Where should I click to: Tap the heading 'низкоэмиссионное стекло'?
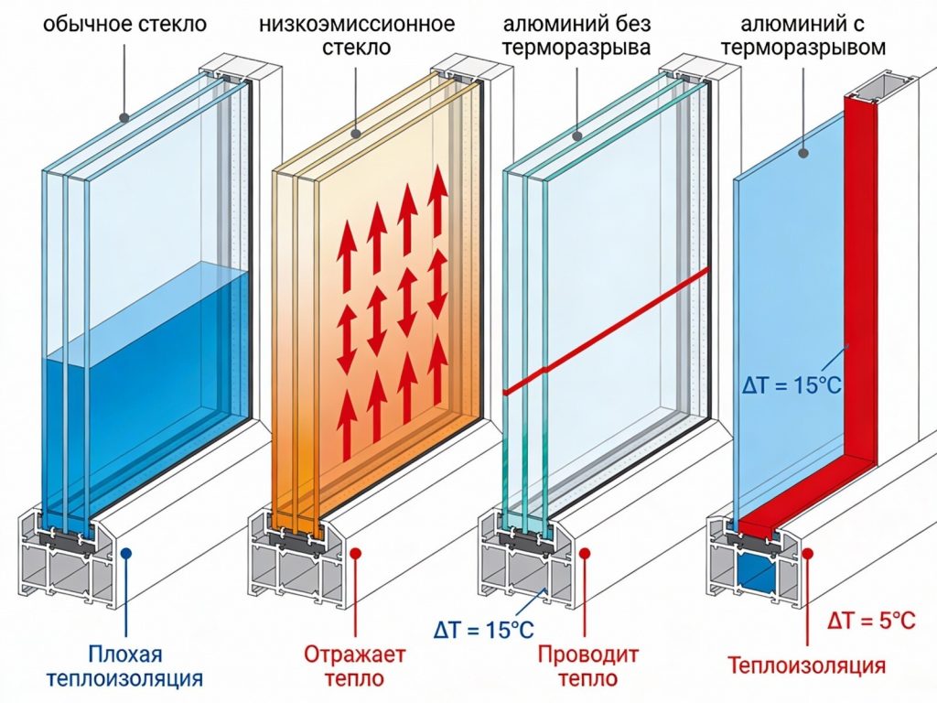click(363, 34)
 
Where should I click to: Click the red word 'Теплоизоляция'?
click(806, 665)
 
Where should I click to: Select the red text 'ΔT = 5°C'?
click(870, 622)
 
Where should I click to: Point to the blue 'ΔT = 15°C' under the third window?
click(484, 630)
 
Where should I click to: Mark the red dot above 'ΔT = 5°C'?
click(809, 553)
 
